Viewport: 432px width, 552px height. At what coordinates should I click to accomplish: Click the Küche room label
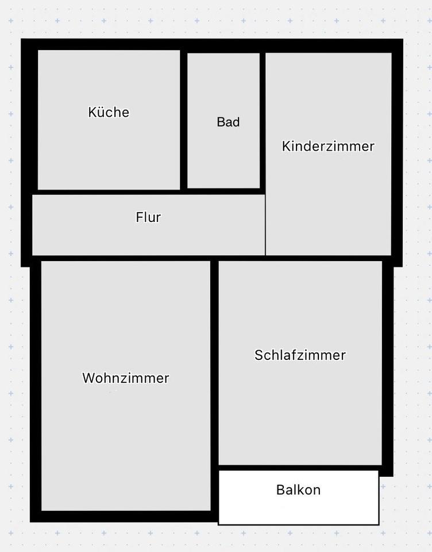109,112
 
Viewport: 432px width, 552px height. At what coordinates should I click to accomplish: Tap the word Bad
228,122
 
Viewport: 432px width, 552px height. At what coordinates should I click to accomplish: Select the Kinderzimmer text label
328,146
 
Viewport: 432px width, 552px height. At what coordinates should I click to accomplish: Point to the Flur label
148,217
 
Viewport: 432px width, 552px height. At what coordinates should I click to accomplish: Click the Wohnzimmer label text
126,378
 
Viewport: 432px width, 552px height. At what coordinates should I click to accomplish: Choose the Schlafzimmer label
300,355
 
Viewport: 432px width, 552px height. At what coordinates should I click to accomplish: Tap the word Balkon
298,490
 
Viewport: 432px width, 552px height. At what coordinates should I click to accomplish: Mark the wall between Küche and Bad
184,120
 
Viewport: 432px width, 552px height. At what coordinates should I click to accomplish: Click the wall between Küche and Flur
109,191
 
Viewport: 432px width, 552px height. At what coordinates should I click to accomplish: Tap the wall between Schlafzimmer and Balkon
299,467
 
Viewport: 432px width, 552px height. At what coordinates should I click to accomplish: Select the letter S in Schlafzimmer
259,355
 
